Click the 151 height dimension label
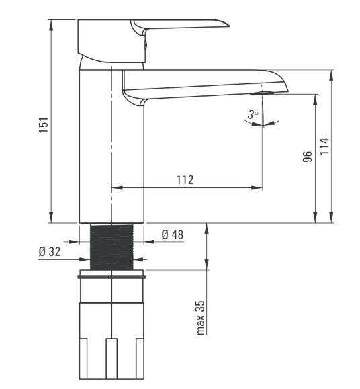coord(44,125)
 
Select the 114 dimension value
coord(324,146)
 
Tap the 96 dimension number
coord(308,157)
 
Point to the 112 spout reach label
coord(185,180)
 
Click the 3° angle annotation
coord(253,114)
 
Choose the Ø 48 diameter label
coord(173,234)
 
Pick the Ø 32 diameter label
coord(50,251)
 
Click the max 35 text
coord(201,318)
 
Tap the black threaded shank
coord(111,247)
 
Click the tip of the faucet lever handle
coord(228,25)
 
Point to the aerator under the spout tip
coord(262,93)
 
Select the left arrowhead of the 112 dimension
coord(117,188)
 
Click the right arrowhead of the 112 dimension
coord(257,188)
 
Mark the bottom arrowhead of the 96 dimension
coord(315,217)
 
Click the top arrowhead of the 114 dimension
coord(331,75)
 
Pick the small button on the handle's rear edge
coord(146,44)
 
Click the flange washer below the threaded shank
coord(111,276)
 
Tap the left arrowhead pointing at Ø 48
coord(74,241)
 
